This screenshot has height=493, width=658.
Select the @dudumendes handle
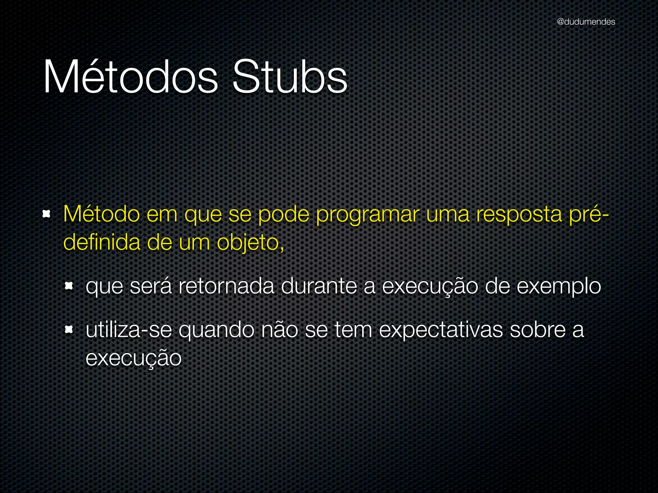[586, 22]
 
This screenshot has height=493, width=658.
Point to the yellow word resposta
[519, 214]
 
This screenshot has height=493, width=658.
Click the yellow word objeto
[250, 243]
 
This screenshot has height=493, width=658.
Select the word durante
[319, 286]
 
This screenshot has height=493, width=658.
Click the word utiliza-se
[129, 330]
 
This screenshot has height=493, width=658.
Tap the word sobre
[538, 330]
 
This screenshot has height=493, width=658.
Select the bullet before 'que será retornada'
[69, 286]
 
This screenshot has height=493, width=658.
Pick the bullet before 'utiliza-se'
[69, 329]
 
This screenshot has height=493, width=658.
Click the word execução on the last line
[134, 358]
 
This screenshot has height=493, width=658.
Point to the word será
[151, 286]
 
